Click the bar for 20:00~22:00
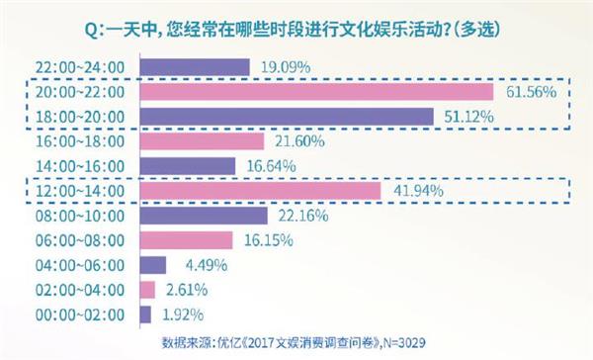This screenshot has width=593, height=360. (317, 92)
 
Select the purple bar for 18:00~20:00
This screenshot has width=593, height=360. (288, 117)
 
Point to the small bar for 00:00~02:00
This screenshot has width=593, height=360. (146, 315)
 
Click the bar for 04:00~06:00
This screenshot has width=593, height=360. (153, 265)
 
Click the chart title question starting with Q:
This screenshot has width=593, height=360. (296, 29)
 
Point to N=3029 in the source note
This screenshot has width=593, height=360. (426, 343)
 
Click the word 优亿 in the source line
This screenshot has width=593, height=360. (241, 343)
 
